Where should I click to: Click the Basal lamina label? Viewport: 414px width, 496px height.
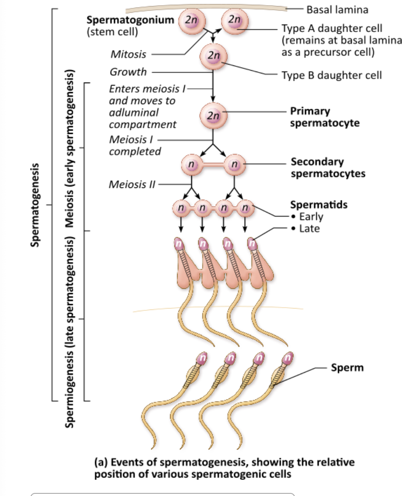point(337,9)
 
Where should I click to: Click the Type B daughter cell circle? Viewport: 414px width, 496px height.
point(213,56)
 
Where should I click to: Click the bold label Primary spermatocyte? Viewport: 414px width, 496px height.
point(325,117)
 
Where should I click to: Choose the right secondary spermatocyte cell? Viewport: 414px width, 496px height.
point(235,165)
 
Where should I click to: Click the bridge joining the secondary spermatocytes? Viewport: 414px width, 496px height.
point(213,165)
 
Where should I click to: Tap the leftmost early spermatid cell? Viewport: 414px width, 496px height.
point(180,206)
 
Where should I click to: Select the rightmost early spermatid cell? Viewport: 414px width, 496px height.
point(245,206)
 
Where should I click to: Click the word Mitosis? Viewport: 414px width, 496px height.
point(128,55)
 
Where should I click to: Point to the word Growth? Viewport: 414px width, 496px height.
point(128,72)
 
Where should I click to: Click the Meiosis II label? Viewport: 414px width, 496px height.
point(132,184)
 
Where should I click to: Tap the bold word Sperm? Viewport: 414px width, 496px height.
point(347,367)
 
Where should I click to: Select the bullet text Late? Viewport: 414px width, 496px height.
point(309,228)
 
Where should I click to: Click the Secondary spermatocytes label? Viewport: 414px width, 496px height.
point(328,168)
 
